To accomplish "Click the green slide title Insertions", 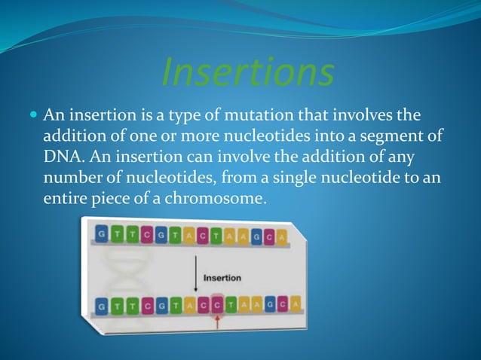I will pyautogui.click(x=248, y=73).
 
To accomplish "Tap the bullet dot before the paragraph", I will pyautogui.click(x=32, y=116).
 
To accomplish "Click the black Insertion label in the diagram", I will pyautogui.click(x=222, y=278).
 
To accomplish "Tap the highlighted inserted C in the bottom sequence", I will pyautogui.click(x=218, y=303).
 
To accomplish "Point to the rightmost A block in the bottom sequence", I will pyautogui.click(x=295, y=303).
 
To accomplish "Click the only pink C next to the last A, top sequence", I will pyautogui.click(x=269, y=235).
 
